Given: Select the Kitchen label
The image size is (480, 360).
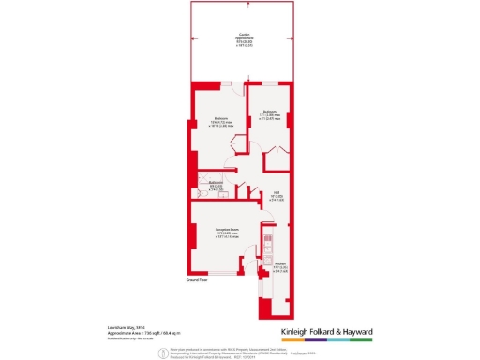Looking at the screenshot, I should [x=279, y=266].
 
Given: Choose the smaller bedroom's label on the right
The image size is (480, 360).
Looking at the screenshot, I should [x=270, y=115].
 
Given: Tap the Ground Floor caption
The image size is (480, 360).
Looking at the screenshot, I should [x=196, y=280].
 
